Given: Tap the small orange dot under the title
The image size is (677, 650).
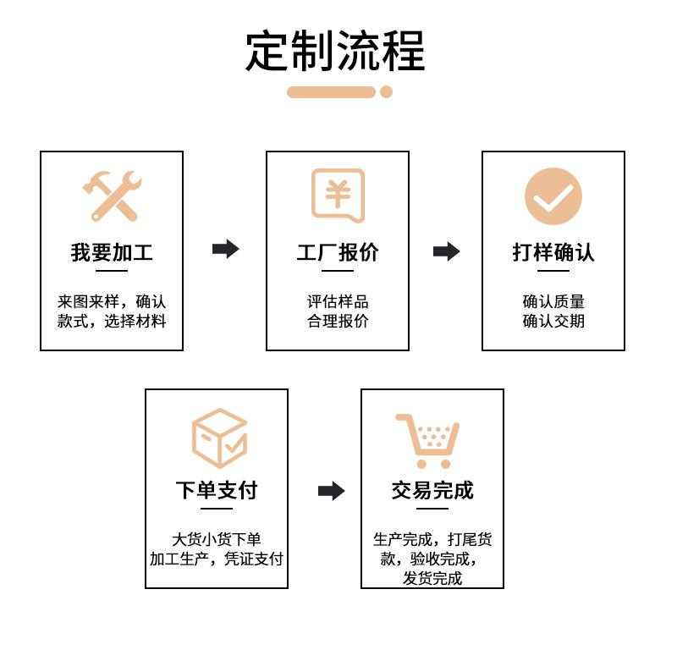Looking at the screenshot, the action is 386,92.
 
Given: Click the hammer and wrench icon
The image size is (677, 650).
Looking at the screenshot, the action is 112,196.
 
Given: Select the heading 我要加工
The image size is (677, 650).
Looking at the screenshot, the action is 112,252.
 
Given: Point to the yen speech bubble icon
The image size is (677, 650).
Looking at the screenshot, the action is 338,196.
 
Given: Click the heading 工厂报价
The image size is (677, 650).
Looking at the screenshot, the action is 338,252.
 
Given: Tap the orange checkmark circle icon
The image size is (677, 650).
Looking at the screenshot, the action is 553,196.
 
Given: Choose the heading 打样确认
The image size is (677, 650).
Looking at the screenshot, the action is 553,252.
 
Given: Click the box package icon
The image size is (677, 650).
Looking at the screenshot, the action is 219,438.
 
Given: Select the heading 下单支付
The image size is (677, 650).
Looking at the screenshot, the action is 217,490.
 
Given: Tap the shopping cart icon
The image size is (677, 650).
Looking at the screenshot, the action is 429,440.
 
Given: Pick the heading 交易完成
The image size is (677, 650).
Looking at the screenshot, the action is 432,490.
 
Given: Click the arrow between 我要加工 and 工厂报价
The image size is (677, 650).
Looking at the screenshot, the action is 225,249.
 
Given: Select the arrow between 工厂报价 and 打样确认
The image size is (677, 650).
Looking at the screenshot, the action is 446,251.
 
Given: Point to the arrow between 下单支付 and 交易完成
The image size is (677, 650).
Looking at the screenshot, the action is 331,491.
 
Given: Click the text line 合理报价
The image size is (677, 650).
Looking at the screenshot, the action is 338,322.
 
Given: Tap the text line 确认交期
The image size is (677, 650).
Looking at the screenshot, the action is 553,322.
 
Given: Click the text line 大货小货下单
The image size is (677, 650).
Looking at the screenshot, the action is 217,539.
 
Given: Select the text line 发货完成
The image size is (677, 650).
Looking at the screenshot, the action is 432,579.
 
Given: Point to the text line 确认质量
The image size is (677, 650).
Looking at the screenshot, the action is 553,301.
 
